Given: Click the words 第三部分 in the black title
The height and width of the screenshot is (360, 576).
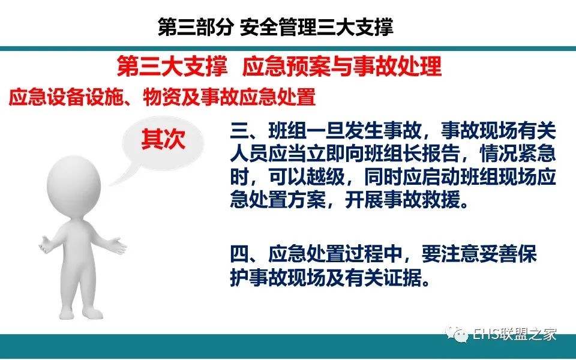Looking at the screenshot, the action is (x=196, y=27).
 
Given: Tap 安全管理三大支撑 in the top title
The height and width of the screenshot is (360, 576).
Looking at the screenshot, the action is (x=317, y=27).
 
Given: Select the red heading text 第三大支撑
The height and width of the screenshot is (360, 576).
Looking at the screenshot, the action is (x=172, y=67).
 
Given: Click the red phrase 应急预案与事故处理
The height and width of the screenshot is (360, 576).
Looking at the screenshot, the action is (x=342, y=67).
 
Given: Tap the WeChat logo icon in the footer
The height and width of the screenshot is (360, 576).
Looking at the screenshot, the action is (x=456, y=334).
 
